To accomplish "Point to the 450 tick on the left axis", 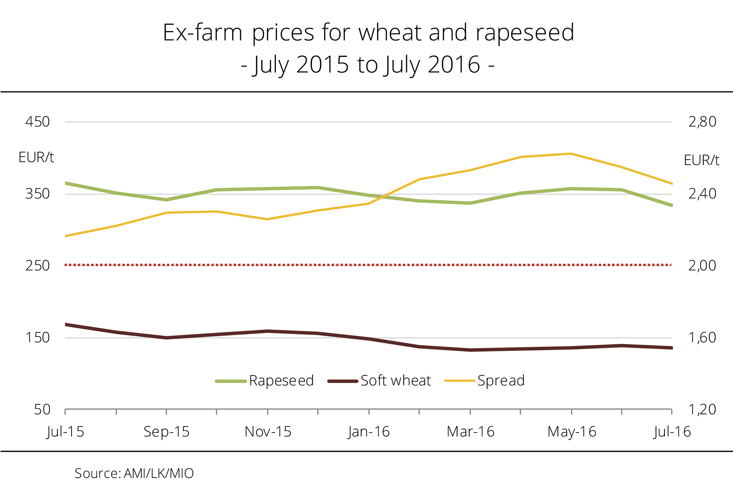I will click(37, 122).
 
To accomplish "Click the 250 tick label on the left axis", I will click(37, 266).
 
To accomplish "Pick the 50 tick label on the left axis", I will click(42, 410).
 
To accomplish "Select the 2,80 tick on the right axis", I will click(702, 122).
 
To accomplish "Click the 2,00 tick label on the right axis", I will click(702, 266).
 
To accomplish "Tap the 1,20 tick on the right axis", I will click(702, 410).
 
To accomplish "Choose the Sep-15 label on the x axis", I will click(166, 432).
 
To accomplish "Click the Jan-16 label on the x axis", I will click(369, 432).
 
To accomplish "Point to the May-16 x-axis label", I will click(572, 432).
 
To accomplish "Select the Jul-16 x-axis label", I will click(672, 432).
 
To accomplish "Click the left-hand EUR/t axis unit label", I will click(36, 158).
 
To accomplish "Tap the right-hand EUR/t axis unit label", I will click(701, 160).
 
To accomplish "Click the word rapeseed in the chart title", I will click(525, 33).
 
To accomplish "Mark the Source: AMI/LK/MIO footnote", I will click(134, 473).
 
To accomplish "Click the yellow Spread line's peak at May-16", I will click(571, 154).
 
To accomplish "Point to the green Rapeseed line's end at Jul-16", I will click(671, 205).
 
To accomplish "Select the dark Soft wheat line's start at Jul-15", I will click(66, 325).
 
